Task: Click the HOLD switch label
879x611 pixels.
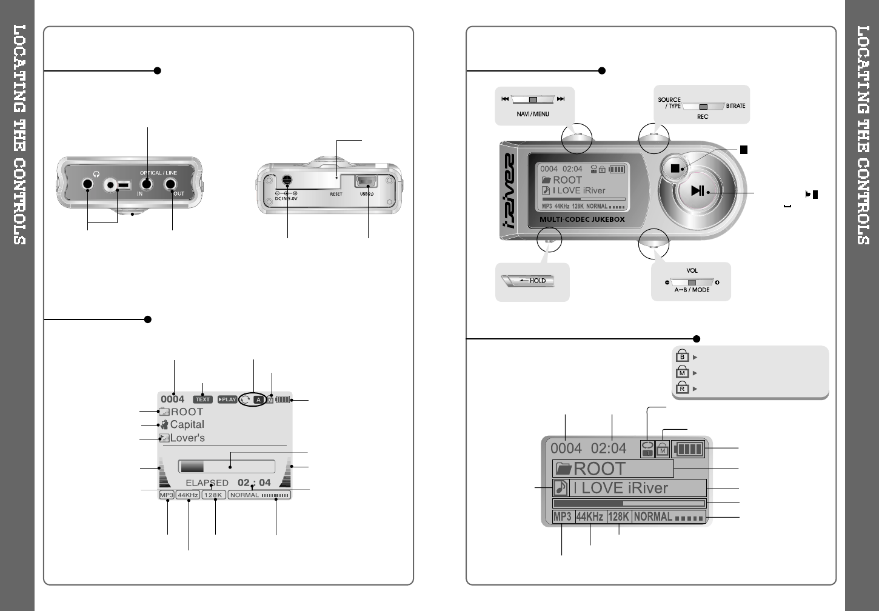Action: click(x=537, y=281)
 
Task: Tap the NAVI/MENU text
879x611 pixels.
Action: click(x=533, y=114)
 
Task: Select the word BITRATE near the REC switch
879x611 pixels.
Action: click(x=735, y=106)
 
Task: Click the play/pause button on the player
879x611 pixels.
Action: click(x=698, y=190)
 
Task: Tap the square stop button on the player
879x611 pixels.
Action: click(x=675, y=168)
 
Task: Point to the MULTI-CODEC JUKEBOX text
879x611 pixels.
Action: click(x=582, y=219)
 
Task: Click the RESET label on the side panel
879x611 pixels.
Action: click(x=336, y=194)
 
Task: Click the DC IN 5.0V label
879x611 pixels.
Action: click(x=286, y=199)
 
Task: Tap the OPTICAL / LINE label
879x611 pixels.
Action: click(x=158, y=173)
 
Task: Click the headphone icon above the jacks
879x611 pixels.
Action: click(x=96, y=174)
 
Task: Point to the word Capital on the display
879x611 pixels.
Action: click(x=187, y=424)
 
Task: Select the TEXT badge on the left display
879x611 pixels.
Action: click(x=202, y=399)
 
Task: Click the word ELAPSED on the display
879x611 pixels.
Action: click(x=207, y=483)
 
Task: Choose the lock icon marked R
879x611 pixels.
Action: click(x=683, y=387)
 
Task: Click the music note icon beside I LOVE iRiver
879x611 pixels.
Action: click(x=561, y=488)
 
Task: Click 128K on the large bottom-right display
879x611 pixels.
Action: click(x=618, y=517)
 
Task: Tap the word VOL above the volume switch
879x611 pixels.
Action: click(x=692, y=271)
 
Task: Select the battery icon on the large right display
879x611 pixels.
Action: click(x=689, y=449)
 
